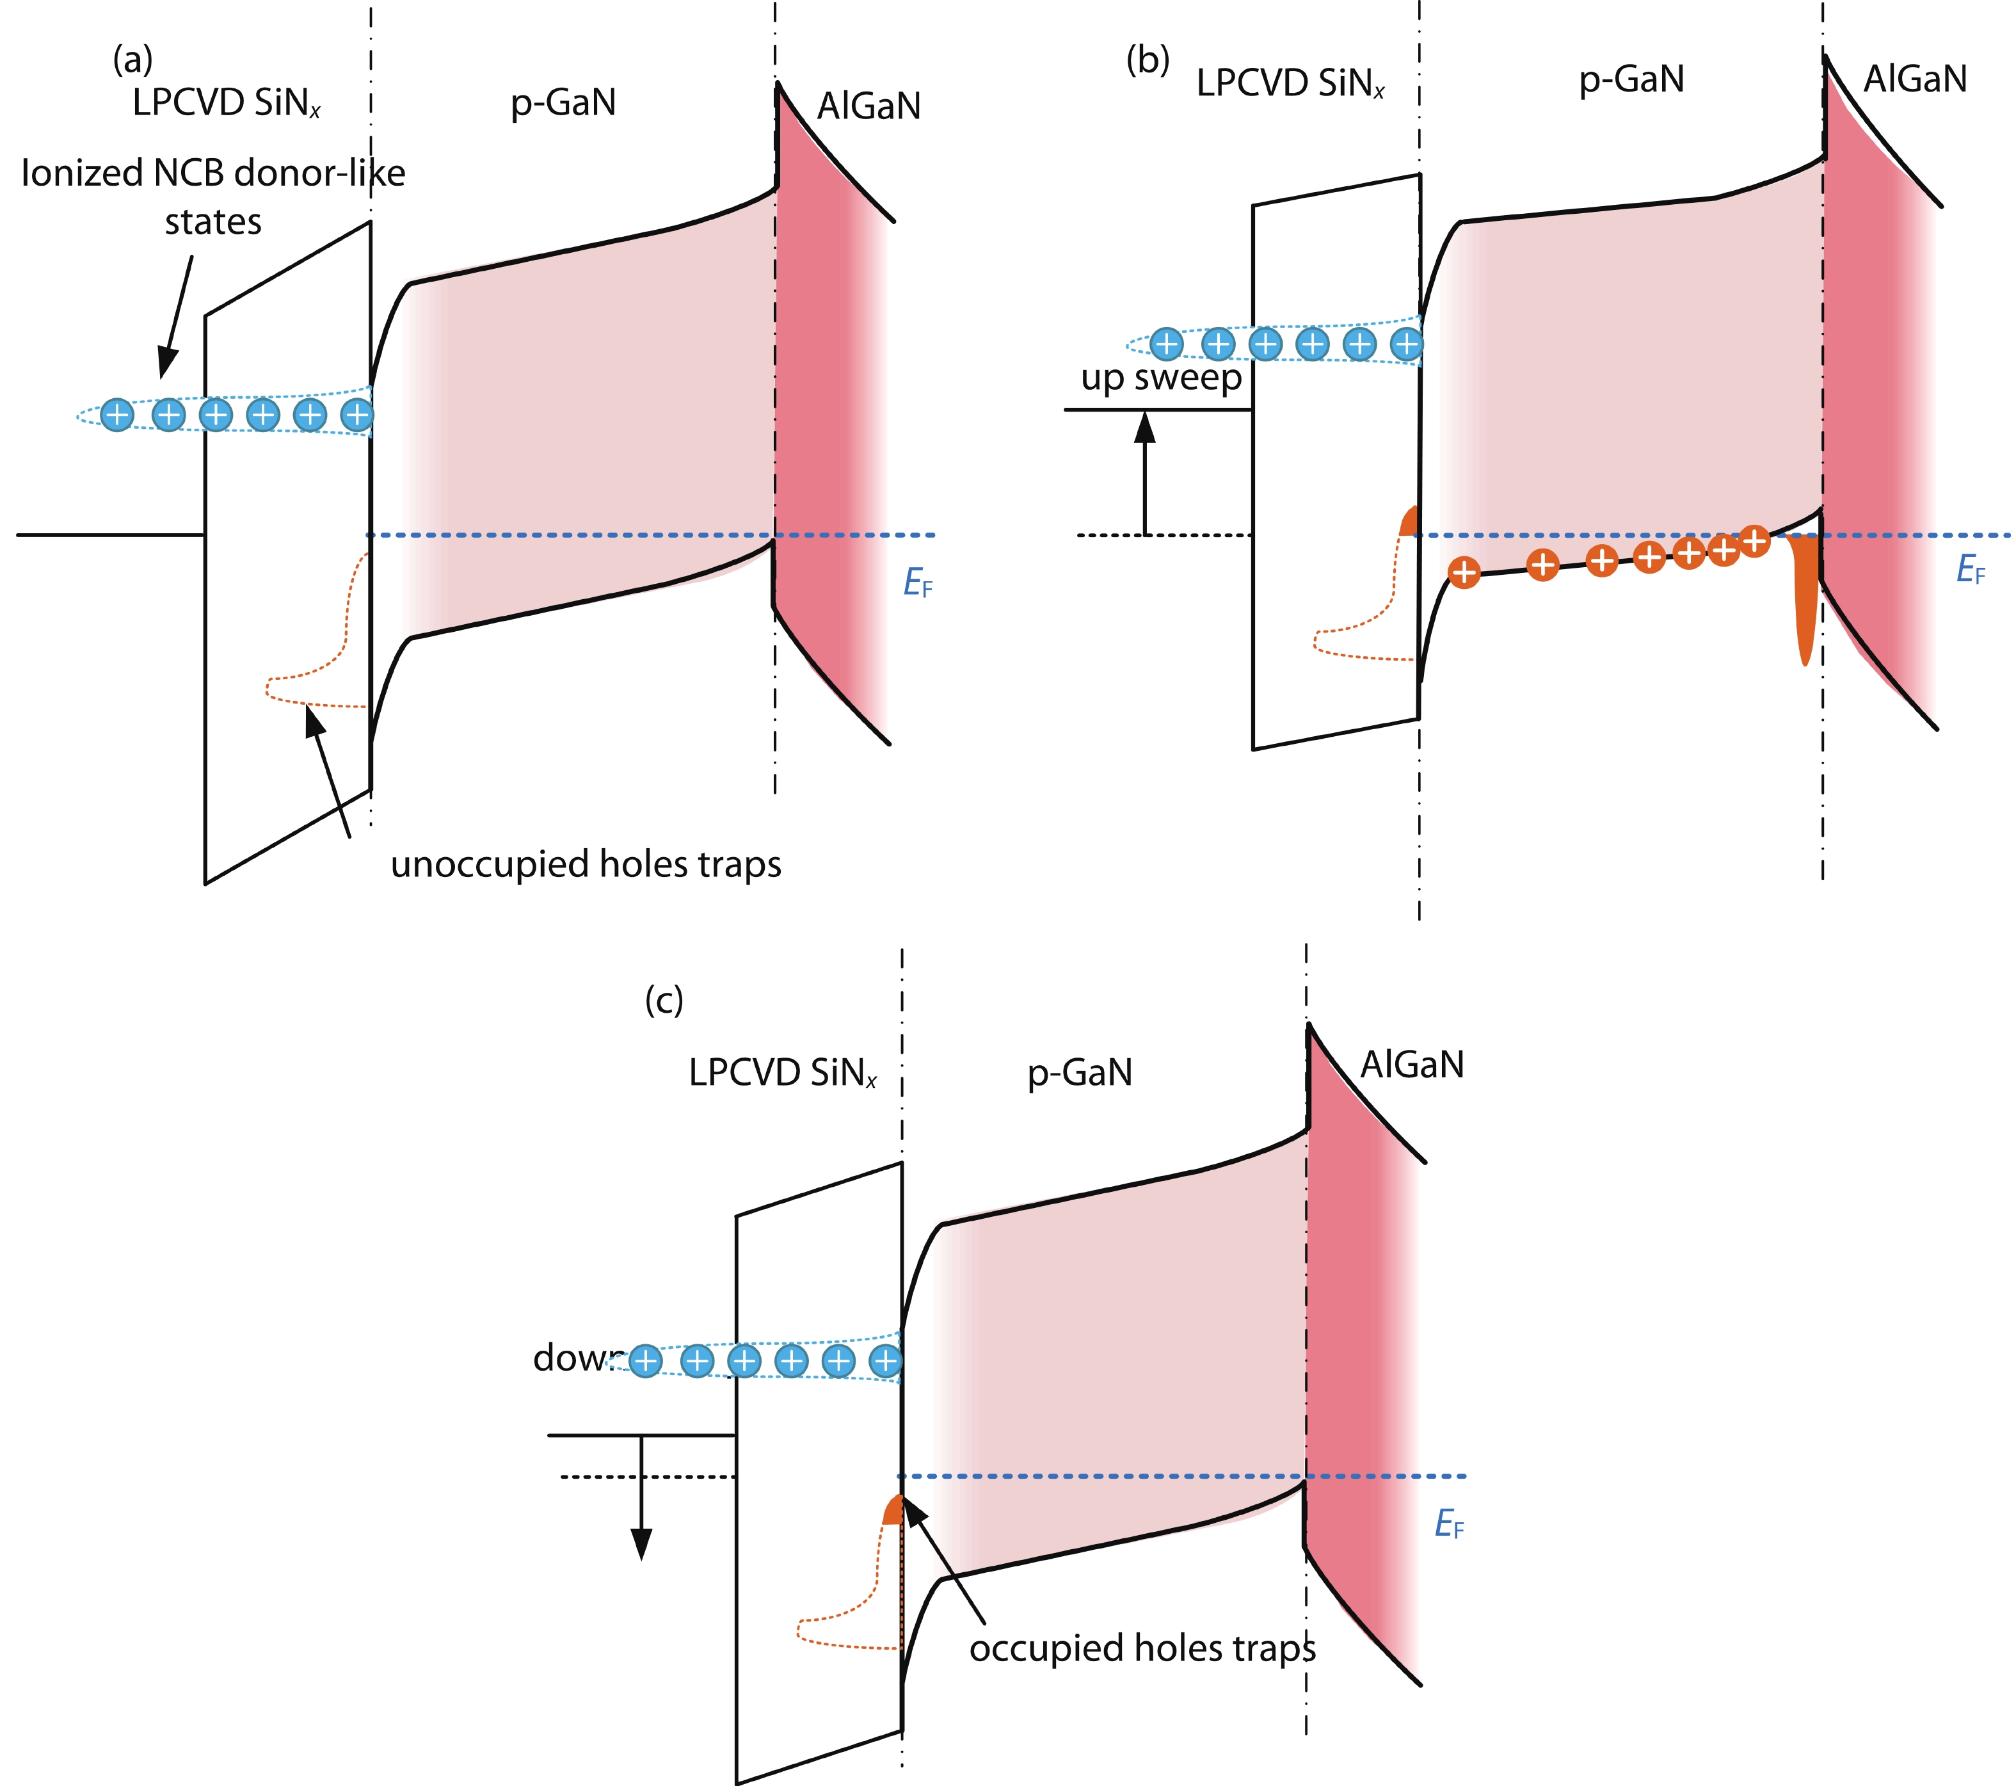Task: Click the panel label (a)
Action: tap(133, 60)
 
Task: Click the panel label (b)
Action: tap(1148, 60)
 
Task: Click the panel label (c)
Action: tap(664, 1001)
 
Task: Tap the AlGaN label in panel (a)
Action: tap(869, 106)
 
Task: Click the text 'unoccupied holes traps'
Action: tap(586, 864)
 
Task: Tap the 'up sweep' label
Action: tap(1161, 378)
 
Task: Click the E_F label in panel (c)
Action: tap(1449, 1525)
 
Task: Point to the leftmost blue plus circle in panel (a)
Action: tap(117, 414)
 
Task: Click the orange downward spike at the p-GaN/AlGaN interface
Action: tap(1805, 602)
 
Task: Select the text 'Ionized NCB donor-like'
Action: tap(213, 173)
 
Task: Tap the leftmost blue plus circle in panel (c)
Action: tap(645, 1362)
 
